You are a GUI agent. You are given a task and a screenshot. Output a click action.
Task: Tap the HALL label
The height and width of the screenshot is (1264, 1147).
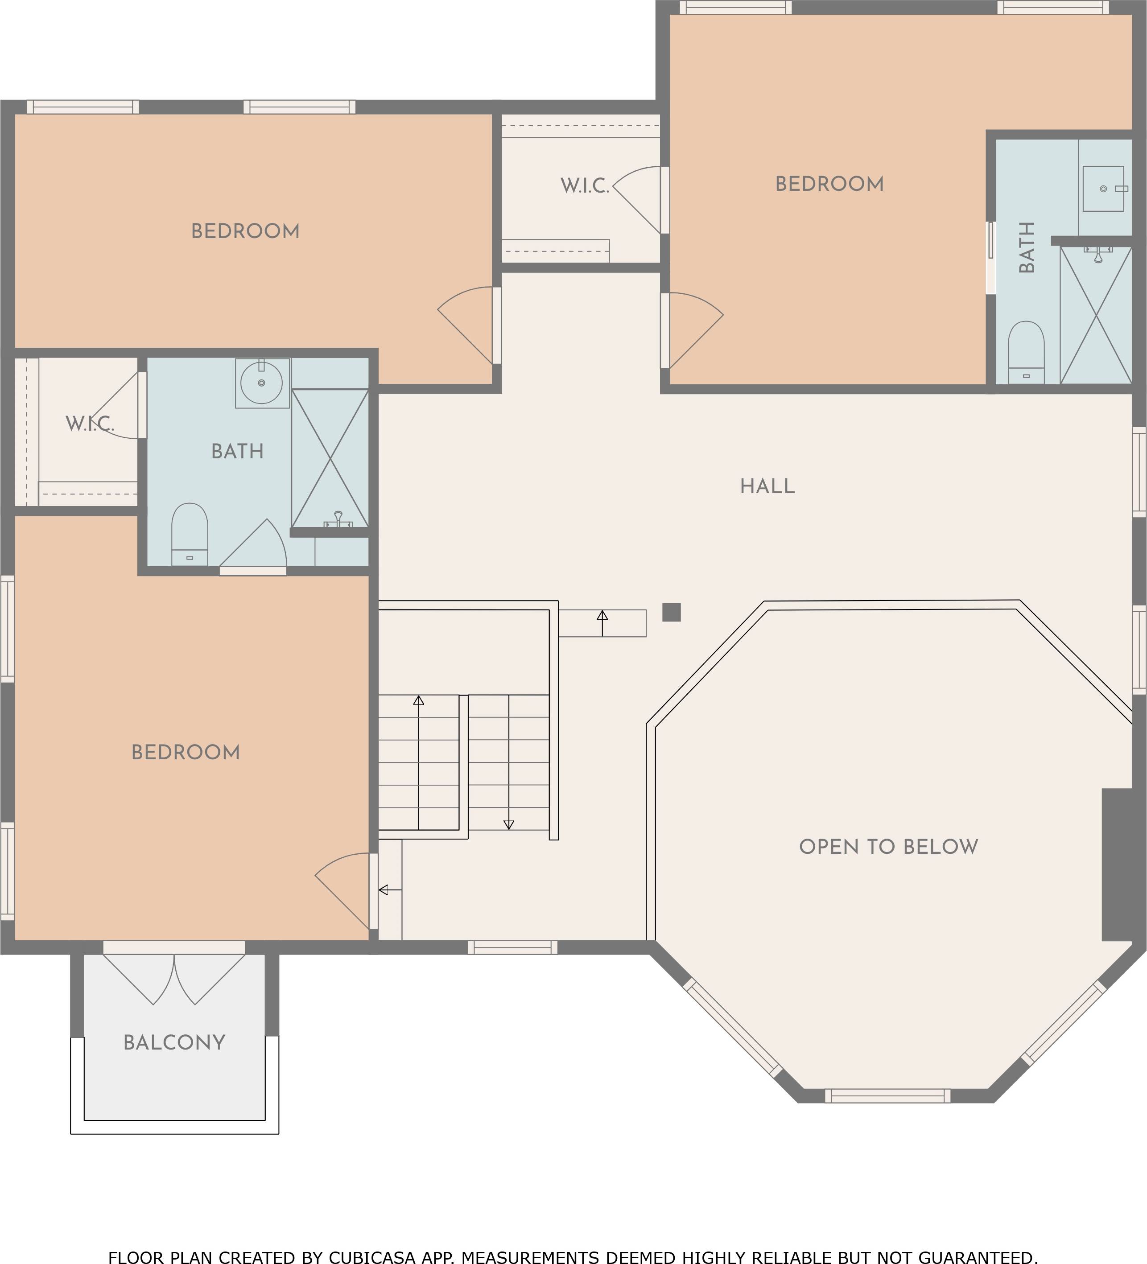point(767,486)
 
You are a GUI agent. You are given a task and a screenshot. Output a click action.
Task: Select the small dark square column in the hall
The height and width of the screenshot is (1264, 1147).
point(672,612)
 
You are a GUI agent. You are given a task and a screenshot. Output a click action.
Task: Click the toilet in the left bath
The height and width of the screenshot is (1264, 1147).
point(190,534)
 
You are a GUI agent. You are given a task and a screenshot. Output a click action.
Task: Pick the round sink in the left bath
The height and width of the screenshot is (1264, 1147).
point(261,383)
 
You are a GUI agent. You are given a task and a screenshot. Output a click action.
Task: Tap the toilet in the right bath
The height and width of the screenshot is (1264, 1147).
point(1026,352)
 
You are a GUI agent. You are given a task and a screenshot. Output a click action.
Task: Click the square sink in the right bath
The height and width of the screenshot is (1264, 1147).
point(1103,188)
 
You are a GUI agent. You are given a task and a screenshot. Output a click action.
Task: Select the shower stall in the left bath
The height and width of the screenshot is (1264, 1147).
point(330,458)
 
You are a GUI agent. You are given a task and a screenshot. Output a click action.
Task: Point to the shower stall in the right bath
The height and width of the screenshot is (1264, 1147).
point(1096,315)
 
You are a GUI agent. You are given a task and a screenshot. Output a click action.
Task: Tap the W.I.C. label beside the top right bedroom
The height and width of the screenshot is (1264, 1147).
point(585,185)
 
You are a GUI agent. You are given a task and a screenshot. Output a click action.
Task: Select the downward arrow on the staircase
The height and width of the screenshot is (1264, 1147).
point(508,762)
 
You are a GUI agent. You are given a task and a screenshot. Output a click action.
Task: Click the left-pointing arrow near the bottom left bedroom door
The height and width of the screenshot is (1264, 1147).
point(390,889)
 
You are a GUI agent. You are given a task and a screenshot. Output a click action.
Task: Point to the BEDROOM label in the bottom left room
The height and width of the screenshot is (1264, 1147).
point(186,753)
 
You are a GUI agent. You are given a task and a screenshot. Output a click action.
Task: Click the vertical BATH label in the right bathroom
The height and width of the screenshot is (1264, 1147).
point(1027,247)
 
